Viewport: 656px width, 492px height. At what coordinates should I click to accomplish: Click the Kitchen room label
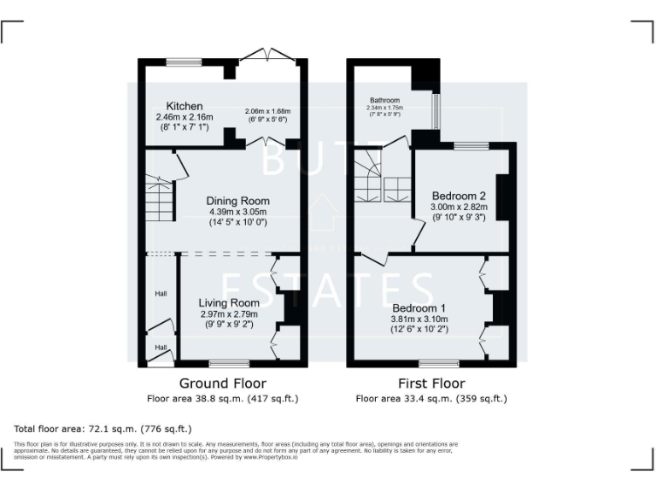(x=184, y=107)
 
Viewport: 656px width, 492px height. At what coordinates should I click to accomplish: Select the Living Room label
(x=229, y=302)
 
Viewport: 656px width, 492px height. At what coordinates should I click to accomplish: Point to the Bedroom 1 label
(x=419, y=307)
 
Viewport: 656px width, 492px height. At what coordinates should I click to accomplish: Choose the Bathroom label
(x=384, y=100)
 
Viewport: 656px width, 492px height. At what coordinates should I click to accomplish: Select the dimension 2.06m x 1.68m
(x=267, y=112)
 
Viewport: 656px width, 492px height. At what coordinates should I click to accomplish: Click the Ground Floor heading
(x=223, y=384)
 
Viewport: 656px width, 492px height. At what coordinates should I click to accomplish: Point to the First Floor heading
(x=431, y=384)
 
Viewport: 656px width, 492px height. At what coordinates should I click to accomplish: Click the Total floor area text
(x=102, y=428)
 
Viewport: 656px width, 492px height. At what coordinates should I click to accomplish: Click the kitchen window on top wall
(x=183, y=61)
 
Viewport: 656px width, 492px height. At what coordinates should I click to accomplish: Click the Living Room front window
(x=229, y=363)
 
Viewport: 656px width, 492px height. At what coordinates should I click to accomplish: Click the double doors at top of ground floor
(x=267, y=56)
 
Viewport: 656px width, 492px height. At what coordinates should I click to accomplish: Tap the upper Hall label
(x=160, y=294)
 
